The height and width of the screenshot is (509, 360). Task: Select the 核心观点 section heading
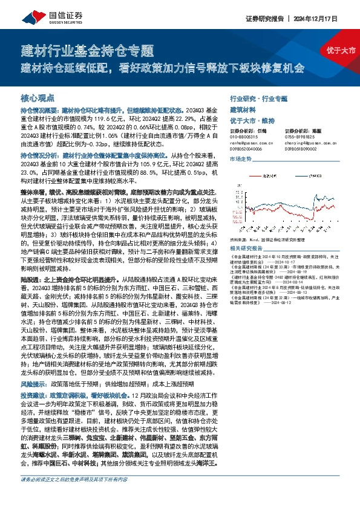tap(38, 97)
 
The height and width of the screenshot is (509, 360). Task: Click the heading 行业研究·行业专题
tap(258, 99)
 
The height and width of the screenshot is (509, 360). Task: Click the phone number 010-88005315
tap(247, 137)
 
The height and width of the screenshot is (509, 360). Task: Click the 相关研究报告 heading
tap(248, 248)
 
